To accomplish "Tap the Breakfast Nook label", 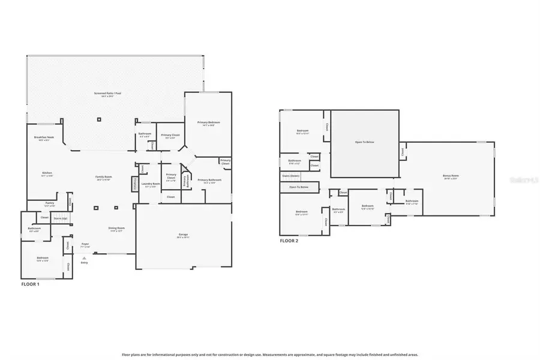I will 47,139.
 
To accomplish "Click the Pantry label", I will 50,204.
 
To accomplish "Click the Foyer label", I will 86,245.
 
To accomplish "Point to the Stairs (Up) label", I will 60,218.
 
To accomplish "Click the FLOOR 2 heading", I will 289,241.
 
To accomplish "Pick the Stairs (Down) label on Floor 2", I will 290,176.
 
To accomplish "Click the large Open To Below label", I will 365,142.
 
